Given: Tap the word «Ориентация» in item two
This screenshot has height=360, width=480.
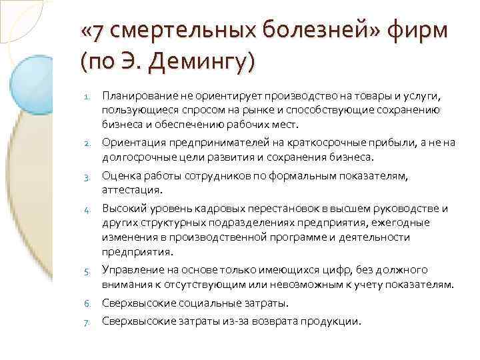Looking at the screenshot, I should pyautogui.click(x=131, y=142).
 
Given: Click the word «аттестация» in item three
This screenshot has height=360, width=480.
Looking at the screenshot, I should pyautogui.click(x=127, y=190).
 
